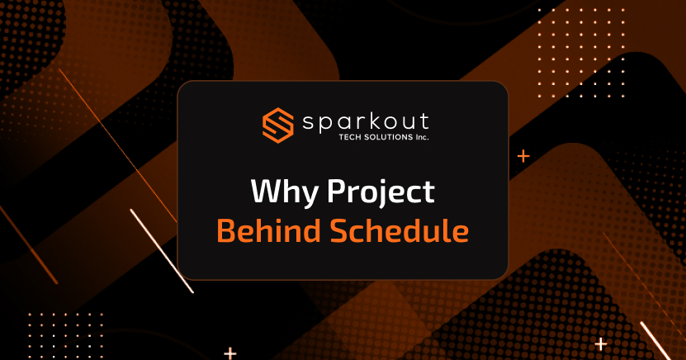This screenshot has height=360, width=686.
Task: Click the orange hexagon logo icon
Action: click(x=277, y=124)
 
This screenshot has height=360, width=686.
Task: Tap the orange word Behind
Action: click(x=264, y=230)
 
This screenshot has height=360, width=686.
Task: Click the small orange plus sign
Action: click(x=523, y=155)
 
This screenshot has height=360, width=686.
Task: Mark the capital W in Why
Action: click(x=264, y=192)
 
